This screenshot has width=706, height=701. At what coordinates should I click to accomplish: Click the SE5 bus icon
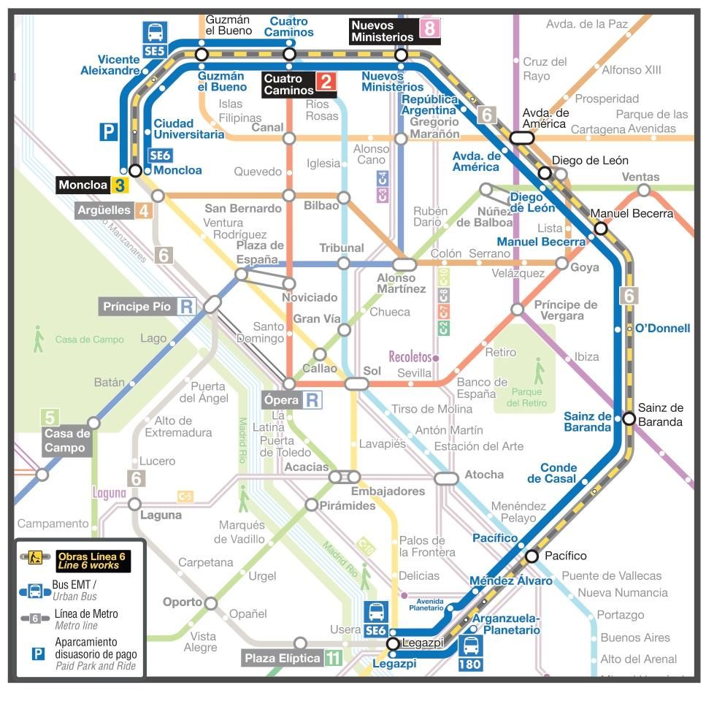pos(155,39)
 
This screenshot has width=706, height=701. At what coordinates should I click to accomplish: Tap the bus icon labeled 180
pos(471,653)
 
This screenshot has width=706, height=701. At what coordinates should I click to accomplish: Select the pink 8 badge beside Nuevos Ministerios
pos(429,28)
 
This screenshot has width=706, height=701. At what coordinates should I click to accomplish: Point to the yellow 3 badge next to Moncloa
pos(119,185)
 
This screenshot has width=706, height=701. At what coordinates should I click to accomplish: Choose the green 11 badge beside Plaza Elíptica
pos(333,658)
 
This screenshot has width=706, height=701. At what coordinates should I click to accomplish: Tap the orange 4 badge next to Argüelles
pos(143,211)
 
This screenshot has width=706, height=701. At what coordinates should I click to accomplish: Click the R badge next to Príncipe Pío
pos(187,307)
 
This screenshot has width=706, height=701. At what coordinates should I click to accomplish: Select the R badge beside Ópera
pos(312,399)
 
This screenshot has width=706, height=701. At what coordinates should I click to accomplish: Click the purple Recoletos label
pos(410,357)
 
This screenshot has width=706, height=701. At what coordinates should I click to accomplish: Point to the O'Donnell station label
pos(662,328)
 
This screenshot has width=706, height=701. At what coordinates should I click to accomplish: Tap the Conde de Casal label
pos(559,473)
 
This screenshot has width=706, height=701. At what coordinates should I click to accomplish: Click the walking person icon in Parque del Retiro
pos(539,371)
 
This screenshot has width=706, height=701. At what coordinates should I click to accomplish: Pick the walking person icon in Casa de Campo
pos(38,339)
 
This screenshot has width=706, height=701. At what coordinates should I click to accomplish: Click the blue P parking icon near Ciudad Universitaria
pos(109,131)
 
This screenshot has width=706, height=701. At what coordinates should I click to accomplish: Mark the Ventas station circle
pos(643,190)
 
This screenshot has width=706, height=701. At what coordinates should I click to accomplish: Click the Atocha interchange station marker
pos(446,478)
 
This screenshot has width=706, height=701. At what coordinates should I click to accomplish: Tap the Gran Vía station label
pos(317,318)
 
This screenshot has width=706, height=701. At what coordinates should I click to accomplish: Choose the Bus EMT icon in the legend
pos(34,590)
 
